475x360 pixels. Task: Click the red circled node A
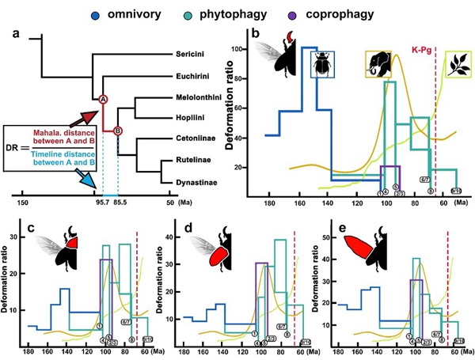pyautogui.click(x=103, y=99)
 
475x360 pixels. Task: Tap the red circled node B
pyautogui.click(x=118, y=130)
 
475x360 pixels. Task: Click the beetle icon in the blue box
pyautogui.click(x=323, y=65)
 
